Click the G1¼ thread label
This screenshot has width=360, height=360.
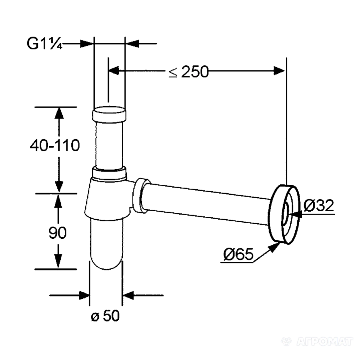pos(45,44)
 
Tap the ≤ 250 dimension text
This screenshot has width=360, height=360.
pos(189,72)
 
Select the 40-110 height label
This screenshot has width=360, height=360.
pos(55,145)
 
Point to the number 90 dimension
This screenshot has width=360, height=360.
pos(58,233)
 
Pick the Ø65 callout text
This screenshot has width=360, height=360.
pos(238,254)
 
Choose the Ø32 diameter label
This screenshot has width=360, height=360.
pos(319,205)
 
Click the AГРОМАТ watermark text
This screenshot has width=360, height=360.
pos(325,341)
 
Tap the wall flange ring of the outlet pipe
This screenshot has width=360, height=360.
pos(284,214)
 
